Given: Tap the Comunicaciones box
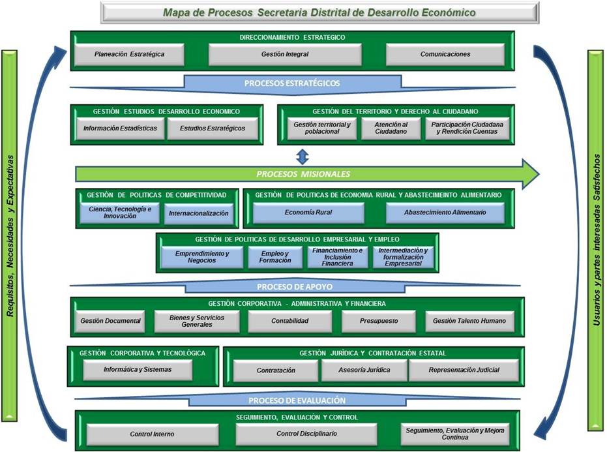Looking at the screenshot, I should coord(445,55).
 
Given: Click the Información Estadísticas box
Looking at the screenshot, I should coord(120,128).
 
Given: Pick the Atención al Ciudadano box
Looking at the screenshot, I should coord(391,128).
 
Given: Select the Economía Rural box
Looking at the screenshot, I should coord(308,213).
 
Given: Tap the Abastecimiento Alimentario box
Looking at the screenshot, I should coord(445,213).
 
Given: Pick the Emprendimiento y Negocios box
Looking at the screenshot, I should coord(202,257).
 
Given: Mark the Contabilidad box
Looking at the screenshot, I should coord(289,321).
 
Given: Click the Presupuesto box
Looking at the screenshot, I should coord(378,321).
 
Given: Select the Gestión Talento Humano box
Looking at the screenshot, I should coord(469,321).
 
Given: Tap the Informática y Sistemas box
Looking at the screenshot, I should coord(138,369).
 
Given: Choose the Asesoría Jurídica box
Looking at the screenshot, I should coord(364,370).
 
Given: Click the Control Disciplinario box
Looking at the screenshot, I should coord(306,434).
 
